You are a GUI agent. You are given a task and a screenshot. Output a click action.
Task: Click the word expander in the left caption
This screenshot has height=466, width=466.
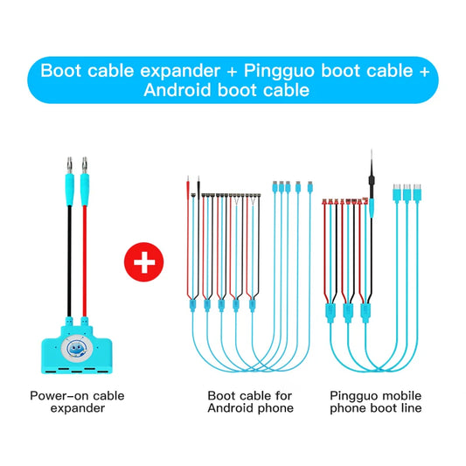click(x=77, y=408)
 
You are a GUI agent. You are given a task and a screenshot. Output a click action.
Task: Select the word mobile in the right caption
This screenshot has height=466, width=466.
click(x=403, y=396)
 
